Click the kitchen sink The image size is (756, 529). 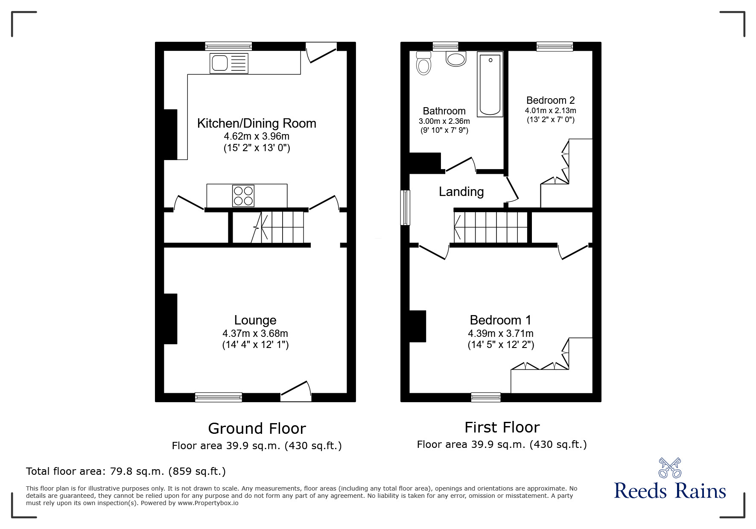228,63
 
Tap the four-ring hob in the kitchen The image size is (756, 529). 243,196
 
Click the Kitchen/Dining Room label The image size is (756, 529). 257,123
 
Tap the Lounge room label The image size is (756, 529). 255,320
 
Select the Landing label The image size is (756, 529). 461,192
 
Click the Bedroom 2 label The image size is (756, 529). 550,100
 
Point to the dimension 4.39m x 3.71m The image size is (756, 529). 501,333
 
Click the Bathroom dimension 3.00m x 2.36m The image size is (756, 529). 444,121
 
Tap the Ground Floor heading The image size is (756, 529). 257,428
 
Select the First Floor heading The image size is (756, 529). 502,427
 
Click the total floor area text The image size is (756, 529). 126,471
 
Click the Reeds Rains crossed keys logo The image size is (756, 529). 670,468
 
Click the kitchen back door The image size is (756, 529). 321,52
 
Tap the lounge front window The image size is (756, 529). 219,397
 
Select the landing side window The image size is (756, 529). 405,208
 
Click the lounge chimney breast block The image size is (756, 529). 170,319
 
